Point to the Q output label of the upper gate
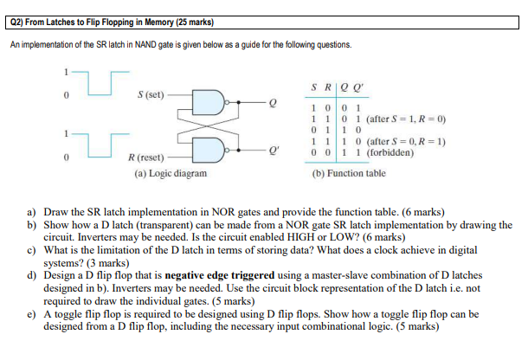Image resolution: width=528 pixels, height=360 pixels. (x=274, y=102)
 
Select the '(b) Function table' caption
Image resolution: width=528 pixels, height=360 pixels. (x=349, y=173)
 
